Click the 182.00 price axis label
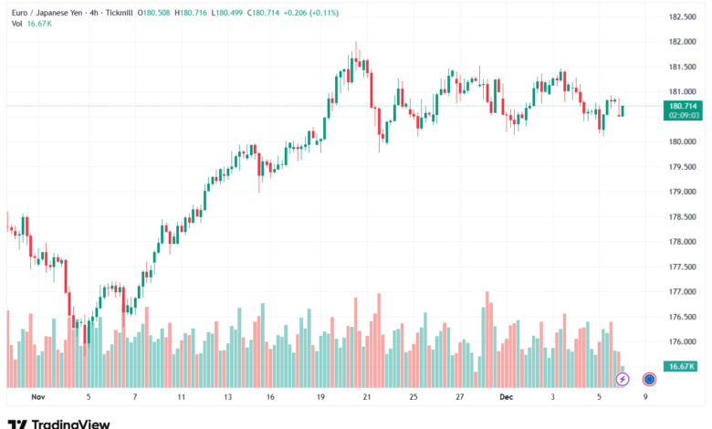(x=683, y=42)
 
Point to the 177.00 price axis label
(x=683, y=292)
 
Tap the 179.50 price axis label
(x=683, y=167)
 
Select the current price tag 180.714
(x=684, y=106)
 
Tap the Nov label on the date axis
(x=37, y=398)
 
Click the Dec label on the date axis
(x=507, y=398)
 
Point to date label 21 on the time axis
(x=366, y=398)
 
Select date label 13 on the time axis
(x=227, y=398)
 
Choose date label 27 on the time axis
(x=461, y=398)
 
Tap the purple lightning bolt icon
(x=623, y=379)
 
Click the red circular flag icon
(x=649, y=379)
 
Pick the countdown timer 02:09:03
(x=684, y=116)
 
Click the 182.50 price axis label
(x=683, y=17)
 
